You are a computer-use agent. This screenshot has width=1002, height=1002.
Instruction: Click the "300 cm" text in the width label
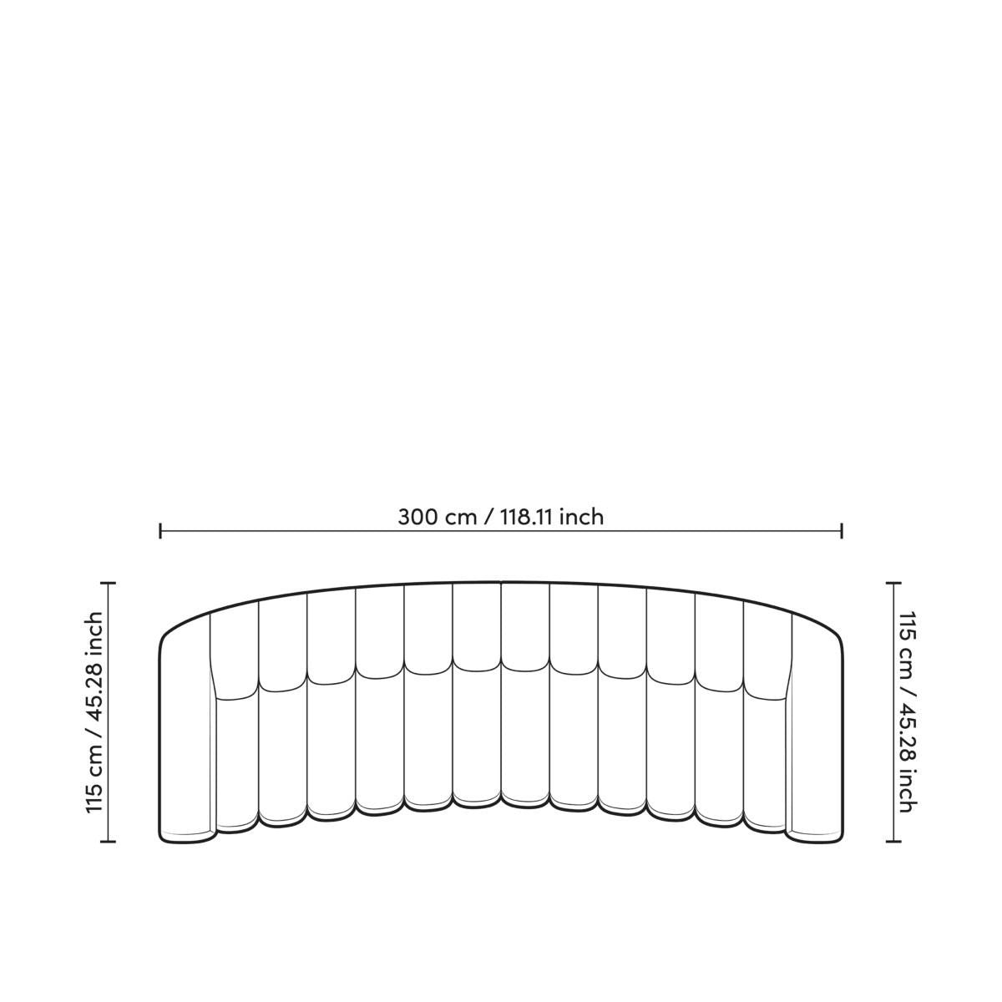pyautogui.click(x=437, y=518)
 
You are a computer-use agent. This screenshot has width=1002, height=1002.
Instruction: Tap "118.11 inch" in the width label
pyautogui.click(x=552, y=518)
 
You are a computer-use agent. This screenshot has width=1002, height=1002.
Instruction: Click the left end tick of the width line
pyautogui.click(x=160, y=531)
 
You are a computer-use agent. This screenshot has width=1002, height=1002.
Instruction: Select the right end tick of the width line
pyautogui.click(x=842, y=531)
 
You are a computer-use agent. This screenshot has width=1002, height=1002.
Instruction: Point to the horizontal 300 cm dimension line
pyautogui.click(x=501, y=531)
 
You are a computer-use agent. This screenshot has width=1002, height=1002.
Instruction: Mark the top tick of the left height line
pyautogui.click(x=109, y=584)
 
